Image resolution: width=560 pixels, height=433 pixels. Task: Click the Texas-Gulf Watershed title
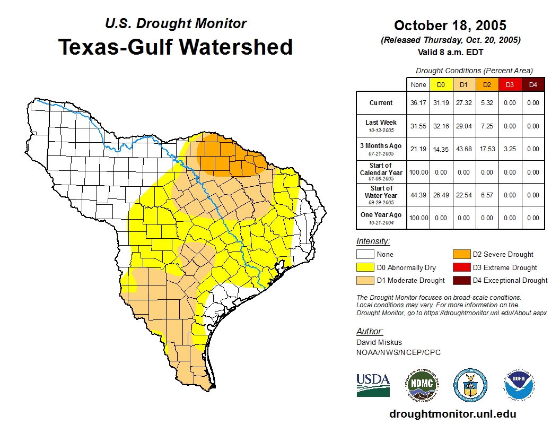[176, 47]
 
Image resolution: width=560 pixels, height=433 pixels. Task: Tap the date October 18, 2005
[450, 25]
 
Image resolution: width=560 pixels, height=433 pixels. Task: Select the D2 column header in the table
[487, 84]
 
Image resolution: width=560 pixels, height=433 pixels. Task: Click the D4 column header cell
[533, 84]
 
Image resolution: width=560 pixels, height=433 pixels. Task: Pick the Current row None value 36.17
[418, 103]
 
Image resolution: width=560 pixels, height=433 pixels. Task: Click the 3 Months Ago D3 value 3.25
[510, 149]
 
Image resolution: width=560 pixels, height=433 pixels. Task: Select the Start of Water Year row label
[381, 192]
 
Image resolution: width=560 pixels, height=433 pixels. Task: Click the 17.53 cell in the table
[487, 149]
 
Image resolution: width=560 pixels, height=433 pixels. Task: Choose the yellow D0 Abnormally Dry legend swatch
[365, 267]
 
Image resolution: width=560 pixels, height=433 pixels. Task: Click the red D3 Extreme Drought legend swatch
[461, 267]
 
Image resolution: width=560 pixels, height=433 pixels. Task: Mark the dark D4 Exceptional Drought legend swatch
[461, 280]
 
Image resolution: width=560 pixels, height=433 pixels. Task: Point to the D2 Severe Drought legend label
[503, 255]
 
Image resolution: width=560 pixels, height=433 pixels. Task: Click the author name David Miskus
[379, 342]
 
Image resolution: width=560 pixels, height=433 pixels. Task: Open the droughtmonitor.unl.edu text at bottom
[452, 414]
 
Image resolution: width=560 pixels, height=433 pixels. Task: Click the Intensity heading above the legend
[373, 241]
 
